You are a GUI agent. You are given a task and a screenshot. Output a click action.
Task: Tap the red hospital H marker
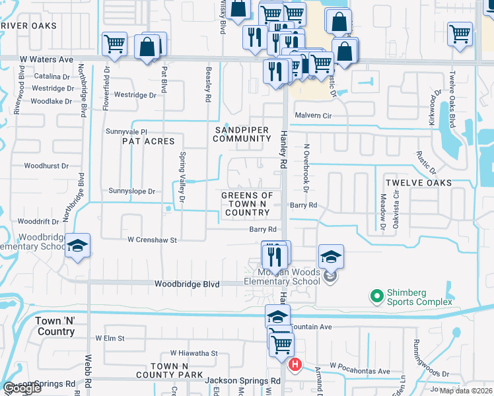pos(296,364)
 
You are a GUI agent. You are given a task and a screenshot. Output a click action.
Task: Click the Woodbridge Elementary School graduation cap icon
pos(78,247)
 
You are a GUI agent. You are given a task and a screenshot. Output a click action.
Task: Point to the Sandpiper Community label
pos(242,134)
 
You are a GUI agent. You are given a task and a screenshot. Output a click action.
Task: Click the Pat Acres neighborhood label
pos(149,141)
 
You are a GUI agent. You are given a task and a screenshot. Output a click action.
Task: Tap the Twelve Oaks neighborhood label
pos(419,183)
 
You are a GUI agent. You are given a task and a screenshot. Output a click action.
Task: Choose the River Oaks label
pos(28,26)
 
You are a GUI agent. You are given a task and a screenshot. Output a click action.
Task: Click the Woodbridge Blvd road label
pos(186,284)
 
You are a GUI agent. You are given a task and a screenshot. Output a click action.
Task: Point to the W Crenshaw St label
pos(152,240)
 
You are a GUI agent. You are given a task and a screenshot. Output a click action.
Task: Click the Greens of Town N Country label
pos(247,204)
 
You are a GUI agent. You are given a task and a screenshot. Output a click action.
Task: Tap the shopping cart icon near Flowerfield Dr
pos(114,45)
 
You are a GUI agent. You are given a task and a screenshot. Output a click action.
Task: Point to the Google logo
pos(22,389)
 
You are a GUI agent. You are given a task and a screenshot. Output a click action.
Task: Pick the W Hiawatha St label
pos(194,353)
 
